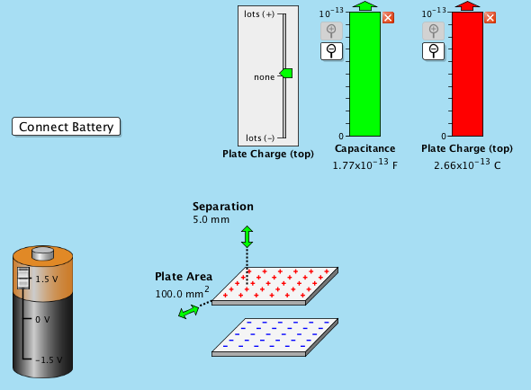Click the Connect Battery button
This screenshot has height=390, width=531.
[66, 127]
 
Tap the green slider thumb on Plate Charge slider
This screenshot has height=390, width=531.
[286, 74]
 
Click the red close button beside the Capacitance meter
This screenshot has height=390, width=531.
[388, 18]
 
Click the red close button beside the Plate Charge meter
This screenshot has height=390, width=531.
[490, 18]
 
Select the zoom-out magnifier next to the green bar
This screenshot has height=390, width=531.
[331, 50]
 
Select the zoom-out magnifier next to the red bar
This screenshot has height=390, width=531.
[433, 50]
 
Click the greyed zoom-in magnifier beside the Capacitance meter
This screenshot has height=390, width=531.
[331, 31]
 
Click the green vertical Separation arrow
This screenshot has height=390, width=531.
[247, 236]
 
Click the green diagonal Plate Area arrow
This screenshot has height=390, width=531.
[189, 311]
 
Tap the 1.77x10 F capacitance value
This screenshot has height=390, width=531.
[364, 165]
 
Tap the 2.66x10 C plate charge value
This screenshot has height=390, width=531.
[467, 165]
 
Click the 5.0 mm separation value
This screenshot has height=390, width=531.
[210, 218]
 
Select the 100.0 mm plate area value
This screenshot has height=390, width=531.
[181, 294]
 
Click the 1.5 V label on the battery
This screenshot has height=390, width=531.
[48, 279]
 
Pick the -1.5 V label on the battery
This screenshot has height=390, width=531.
[48, 359]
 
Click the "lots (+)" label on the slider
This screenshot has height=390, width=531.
[259, 14]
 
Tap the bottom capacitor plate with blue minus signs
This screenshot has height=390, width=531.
[275, 335]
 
